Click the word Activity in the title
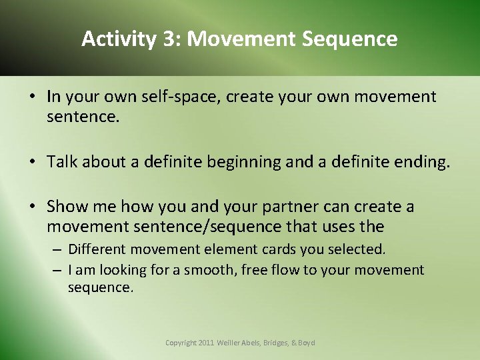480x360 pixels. point(117,39)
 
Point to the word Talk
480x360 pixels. point(63,162)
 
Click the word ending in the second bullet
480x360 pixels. point(421,162)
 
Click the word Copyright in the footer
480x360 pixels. point(181,343)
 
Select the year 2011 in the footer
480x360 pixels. point(207,343)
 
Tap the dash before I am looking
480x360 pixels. point(58,270)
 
